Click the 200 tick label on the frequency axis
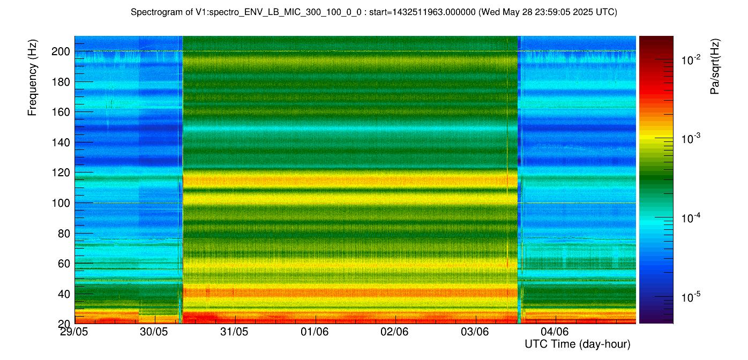[x=61, y=51]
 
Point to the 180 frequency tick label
[x=61, y=82]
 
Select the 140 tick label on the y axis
[x=61, y=142]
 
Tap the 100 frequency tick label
[x=61, y=203]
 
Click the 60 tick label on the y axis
[x=64, y=264]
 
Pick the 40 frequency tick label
[x=64, y=294]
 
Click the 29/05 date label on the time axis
[x=74, y=332]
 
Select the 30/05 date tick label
[x=154, y=332]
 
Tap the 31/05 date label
[x=234, y=332]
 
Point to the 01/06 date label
[x=314, y=332]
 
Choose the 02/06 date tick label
[x=394, y=332]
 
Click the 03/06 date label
[x=475, y=332]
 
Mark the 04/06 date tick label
[x=555, y=332]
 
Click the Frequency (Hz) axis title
[x=32, y=78]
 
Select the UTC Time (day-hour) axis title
[x=578, y=344]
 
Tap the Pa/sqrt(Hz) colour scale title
[x=715, y=66]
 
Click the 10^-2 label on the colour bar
[x=691, y=60]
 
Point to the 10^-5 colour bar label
[x=691, y=297]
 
